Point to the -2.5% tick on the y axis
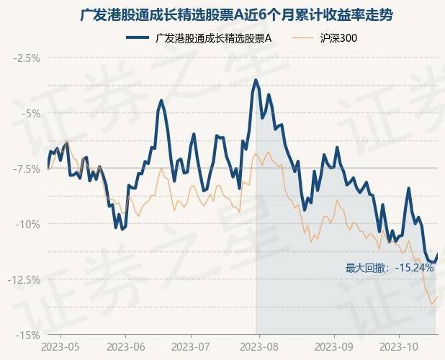26,58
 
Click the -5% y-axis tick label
30,113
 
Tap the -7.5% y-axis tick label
26,168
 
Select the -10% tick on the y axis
29,224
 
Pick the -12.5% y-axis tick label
24,279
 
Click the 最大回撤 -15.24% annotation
390,268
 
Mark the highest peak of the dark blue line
256,80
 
